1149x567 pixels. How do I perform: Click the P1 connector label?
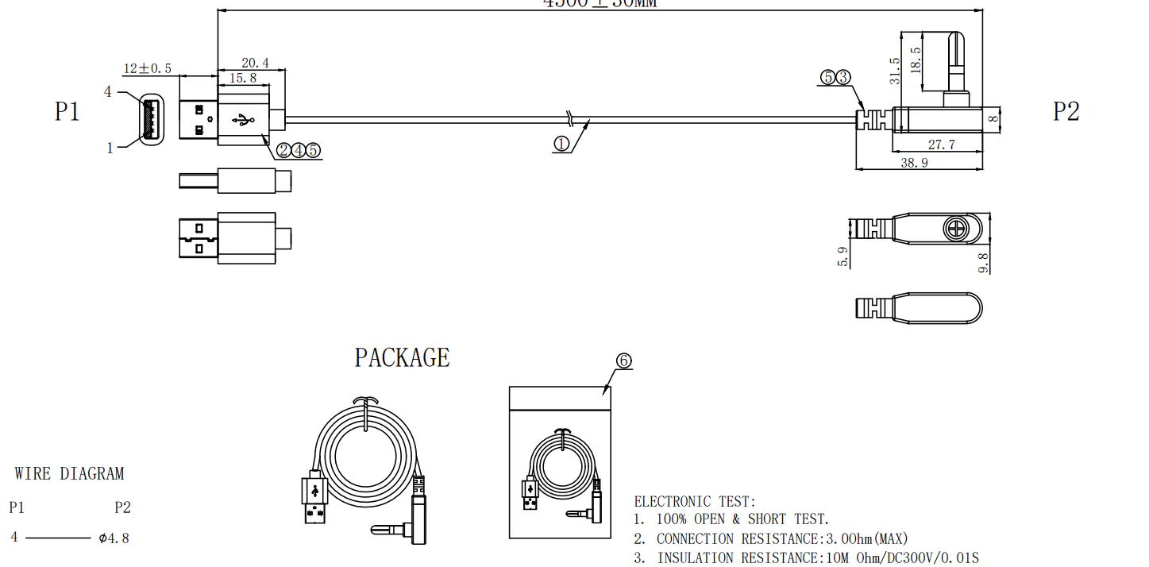pyautogui.click(x=67, y=111)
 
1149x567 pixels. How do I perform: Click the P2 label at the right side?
pyautogui.click(x=1066, y=111)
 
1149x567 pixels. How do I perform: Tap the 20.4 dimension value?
pyautogui.click(x=254, y=63)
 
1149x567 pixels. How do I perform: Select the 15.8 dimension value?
pyautogui.click(x=242, y=78)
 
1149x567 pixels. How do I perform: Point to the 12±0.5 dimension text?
pyautogui.click(x=147, y=68)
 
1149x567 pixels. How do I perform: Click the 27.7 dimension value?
pyautogui.click(x=941, y=145)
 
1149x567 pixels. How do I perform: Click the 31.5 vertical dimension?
pyautogui.click(x=895, y=71)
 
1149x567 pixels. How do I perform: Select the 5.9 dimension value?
pyautogui.click(x=842, y=256)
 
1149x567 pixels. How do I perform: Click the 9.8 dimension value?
pyautogui.click(x=985, y=263)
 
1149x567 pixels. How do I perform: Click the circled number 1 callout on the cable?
pyautogui.click(x=561, y=145)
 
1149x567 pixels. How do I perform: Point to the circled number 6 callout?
pyautogui.click(x=623, y=361)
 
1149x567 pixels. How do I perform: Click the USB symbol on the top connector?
pyautogui.click(x=243, y=121)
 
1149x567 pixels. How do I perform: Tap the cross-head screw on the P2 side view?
pyautogui.click(x=955, y=229)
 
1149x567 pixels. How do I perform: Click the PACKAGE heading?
pyautogui.click(x=402, y=358)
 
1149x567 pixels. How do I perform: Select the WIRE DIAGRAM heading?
pyautogui.click(x=69, y=474)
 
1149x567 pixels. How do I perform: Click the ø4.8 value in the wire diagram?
pyautogui.click(x=114, y=538)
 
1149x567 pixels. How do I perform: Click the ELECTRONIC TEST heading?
pyautogui.click(x=695, y=501)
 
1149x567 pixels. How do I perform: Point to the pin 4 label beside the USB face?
pyautogui.click(x=108, y=92)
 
